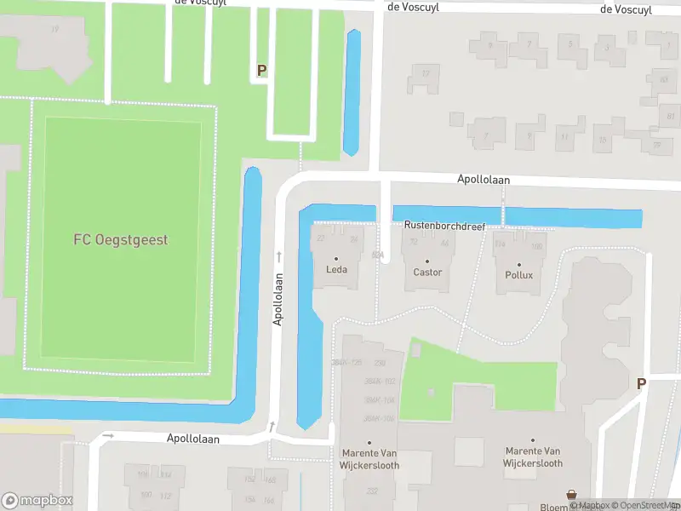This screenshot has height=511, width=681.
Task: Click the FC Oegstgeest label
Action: point(120,239)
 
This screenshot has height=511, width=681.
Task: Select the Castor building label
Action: point(427,273)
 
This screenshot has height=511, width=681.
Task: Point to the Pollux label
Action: point(518,275)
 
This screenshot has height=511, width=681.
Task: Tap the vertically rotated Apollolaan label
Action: point(278,298)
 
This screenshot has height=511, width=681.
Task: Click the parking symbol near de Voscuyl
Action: point(261,71)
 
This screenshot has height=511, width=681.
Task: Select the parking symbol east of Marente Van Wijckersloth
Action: point(641,383)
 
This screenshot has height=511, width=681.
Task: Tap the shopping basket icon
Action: point(572,495)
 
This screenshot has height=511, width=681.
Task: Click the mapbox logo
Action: point(36,500)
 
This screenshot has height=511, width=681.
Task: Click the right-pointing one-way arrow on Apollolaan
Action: point(107,435)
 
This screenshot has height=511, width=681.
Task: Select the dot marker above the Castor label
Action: point(427,261)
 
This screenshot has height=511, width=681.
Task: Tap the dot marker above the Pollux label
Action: point(518,264)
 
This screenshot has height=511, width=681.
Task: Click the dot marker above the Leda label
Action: point(336,260)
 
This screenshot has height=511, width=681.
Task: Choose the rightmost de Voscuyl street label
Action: point(626,9)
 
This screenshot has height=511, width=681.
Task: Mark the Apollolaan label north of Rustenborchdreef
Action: point(483,180)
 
